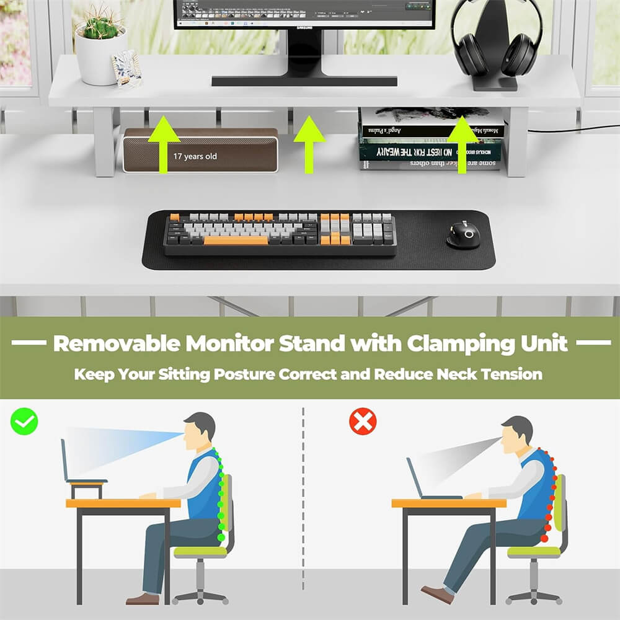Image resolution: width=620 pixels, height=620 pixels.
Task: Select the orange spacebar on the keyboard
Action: point(235,240)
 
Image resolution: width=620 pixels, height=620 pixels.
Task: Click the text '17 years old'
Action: point(195,157)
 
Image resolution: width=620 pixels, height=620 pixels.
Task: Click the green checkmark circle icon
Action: point(24,422)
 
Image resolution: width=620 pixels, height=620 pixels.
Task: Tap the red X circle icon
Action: point(363,422)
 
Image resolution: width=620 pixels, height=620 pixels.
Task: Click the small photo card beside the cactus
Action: point(126,69)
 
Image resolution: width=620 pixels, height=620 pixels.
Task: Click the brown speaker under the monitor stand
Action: point(200,150)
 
